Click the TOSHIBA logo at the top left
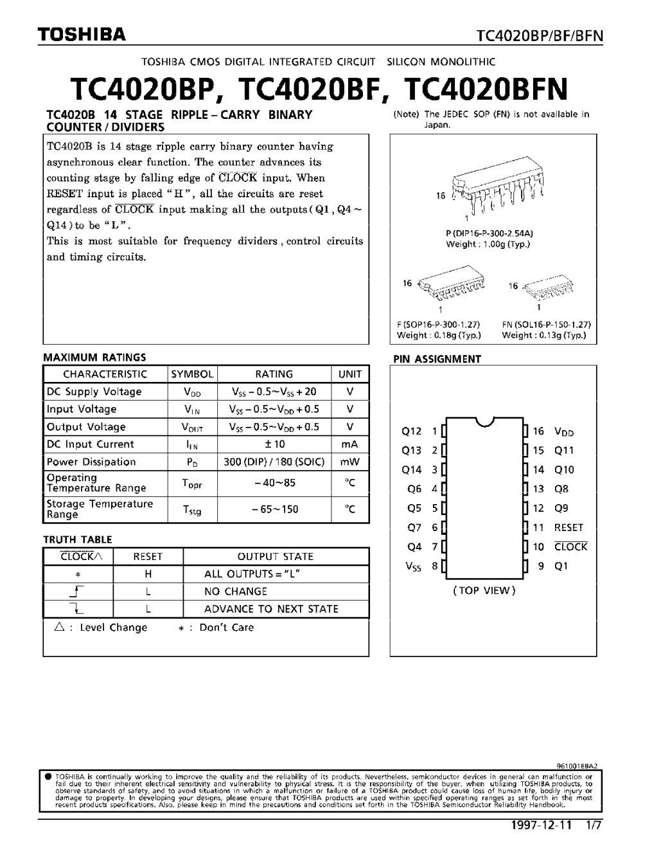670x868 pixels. pos(82,35)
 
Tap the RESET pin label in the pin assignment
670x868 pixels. pos(569,527)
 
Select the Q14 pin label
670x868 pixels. pos(412,469)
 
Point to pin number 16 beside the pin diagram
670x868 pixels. pos(538,431)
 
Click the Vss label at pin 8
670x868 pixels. pos(413,566)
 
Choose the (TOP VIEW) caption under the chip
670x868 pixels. pos(484,590)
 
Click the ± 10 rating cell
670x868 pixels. pos(274,444)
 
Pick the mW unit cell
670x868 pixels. pos(350,462)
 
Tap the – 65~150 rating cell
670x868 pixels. pos(274,509)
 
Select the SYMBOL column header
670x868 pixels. pos(192,374)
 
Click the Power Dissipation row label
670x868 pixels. pos(91,462)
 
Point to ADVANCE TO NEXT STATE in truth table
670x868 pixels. pos(271,609)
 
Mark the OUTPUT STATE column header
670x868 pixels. pos(276,557)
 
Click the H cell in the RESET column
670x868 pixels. pos(148,574)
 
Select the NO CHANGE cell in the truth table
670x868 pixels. pos(235,592)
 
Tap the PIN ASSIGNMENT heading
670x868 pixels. pos(436,359)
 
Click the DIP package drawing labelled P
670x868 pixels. pos(491,192)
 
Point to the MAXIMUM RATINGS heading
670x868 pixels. pos(94,357)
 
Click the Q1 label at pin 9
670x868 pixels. pos(561,566)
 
